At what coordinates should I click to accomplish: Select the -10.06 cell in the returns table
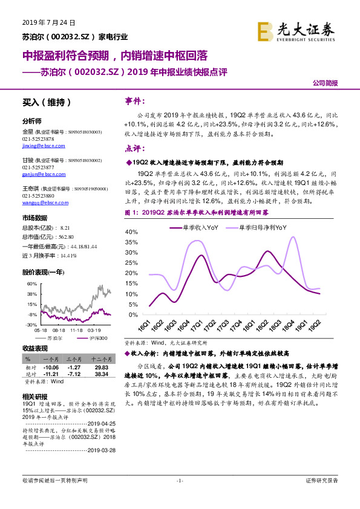tap(51, 367)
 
